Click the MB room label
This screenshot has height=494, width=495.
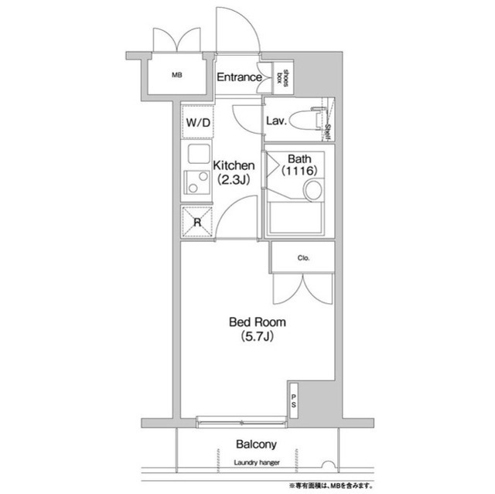177,76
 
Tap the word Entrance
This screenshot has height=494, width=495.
239,77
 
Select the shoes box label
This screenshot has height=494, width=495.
282,77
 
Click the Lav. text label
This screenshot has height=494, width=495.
277,121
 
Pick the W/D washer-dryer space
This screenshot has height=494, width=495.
198,122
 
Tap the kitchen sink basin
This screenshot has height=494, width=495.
199,154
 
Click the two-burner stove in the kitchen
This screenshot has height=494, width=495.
196,182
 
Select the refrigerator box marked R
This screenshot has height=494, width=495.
197,221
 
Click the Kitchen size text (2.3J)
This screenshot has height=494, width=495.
234,180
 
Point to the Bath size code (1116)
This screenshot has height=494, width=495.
299,171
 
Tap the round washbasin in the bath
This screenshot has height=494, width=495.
312,190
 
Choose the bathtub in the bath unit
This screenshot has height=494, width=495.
295,217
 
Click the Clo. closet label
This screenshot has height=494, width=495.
303,258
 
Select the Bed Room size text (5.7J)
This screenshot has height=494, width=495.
257,336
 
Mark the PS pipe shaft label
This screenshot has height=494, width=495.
294,400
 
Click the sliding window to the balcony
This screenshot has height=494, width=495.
241,422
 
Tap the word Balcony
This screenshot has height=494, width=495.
256,445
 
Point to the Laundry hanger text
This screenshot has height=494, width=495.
257,463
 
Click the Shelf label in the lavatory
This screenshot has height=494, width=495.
327,132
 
